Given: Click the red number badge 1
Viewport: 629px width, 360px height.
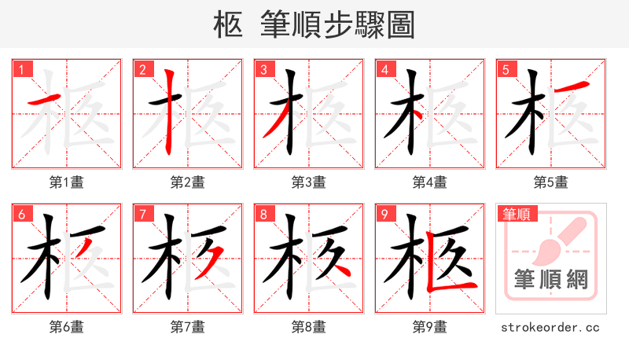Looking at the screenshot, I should pyautogui.click(x=22, y=70).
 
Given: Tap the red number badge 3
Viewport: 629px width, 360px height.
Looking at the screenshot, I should pyautogui.click(x=264, y=70).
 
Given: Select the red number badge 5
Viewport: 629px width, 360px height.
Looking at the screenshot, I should pyautogui.click(x=506, y=70).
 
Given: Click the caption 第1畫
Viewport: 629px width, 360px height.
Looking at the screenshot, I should pyautogui.click(x=67, y=182).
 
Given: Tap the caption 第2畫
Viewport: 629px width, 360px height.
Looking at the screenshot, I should pyautogui.click(x=188, y=182).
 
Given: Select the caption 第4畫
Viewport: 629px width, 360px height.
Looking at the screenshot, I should pyautogui.click(x=430, y=182).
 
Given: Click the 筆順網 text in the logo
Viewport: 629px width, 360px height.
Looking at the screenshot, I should pyautogui.click(x=551, y=279).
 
